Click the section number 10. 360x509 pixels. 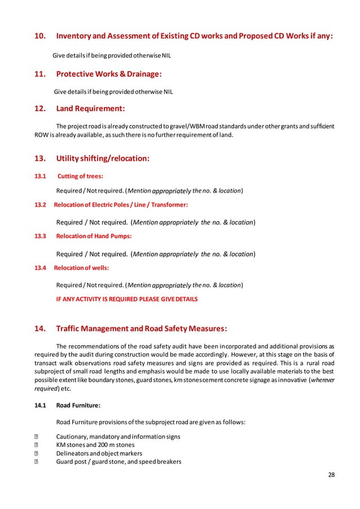pos(40,37)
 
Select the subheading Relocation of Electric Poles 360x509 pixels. pos(121,204)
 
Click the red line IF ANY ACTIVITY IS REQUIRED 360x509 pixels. pos(127,299)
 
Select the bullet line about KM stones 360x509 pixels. pos(99,445)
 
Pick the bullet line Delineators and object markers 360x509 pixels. pos(99,453)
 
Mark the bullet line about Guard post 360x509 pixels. pos(118,461)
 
